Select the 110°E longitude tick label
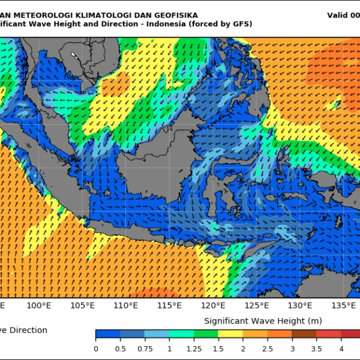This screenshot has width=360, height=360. coord(126,305)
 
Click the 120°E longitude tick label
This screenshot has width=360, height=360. coord(213,305)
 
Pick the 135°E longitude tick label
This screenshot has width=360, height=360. coord(343,305)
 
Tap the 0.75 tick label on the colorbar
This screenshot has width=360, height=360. coord(145,348)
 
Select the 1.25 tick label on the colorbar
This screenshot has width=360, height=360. coord(194,348)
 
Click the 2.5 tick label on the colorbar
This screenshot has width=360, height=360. coord(267,348)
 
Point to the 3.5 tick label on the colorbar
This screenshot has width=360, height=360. coord(316,348)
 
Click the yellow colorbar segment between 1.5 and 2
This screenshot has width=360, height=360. coord(230,334)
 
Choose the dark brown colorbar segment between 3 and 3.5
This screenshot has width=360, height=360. coord(304,334)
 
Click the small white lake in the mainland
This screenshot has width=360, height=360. coord(74,56)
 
